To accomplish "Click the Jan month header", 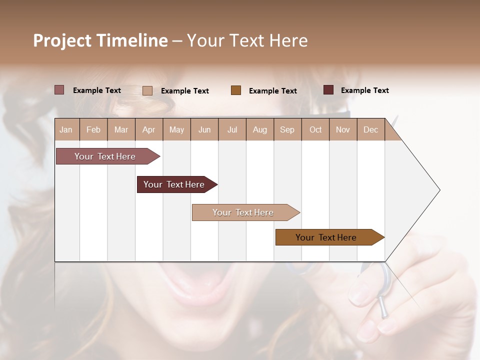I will pyautogui.click(x=66, y=129).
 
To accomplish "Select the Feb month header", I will pyautogui.click(x=93, y=129).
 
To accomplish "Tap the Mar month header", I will pyautogui.click(x=121, y=129).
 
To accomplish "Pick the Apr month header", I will pyautogui.click(x=149, y=129).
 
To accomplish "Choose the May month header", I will pyautogui.click(x=176, y=129).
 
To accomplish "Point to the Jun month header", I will pyautogui.click(x=204, y=129).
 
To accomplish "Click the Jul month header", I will pyautogui.click(x=232, y=129).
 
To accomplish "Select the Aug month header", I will pyautogui.click(x=260, y=129).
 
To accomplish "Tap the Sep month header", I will pyautogui.click(x=287, y=129).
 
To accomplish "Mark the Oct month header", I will pyautogui.click(x=315, y=129).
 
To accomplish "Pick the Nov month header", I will pyautogui.click(x=343, y=129).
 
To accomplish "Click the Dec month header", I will pyautogui.click(x=370, y=129).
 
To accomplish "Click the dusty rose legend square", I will pyautogui.click(x=59, y=90).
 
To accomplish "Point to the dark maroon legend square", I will pyautogui.click(x=328, y=90).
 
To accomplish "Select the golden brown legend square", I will pyautogui.click(x=236, y=90).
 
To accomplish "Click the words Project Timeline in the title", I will pyautogui.click(x=100, y=40).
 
